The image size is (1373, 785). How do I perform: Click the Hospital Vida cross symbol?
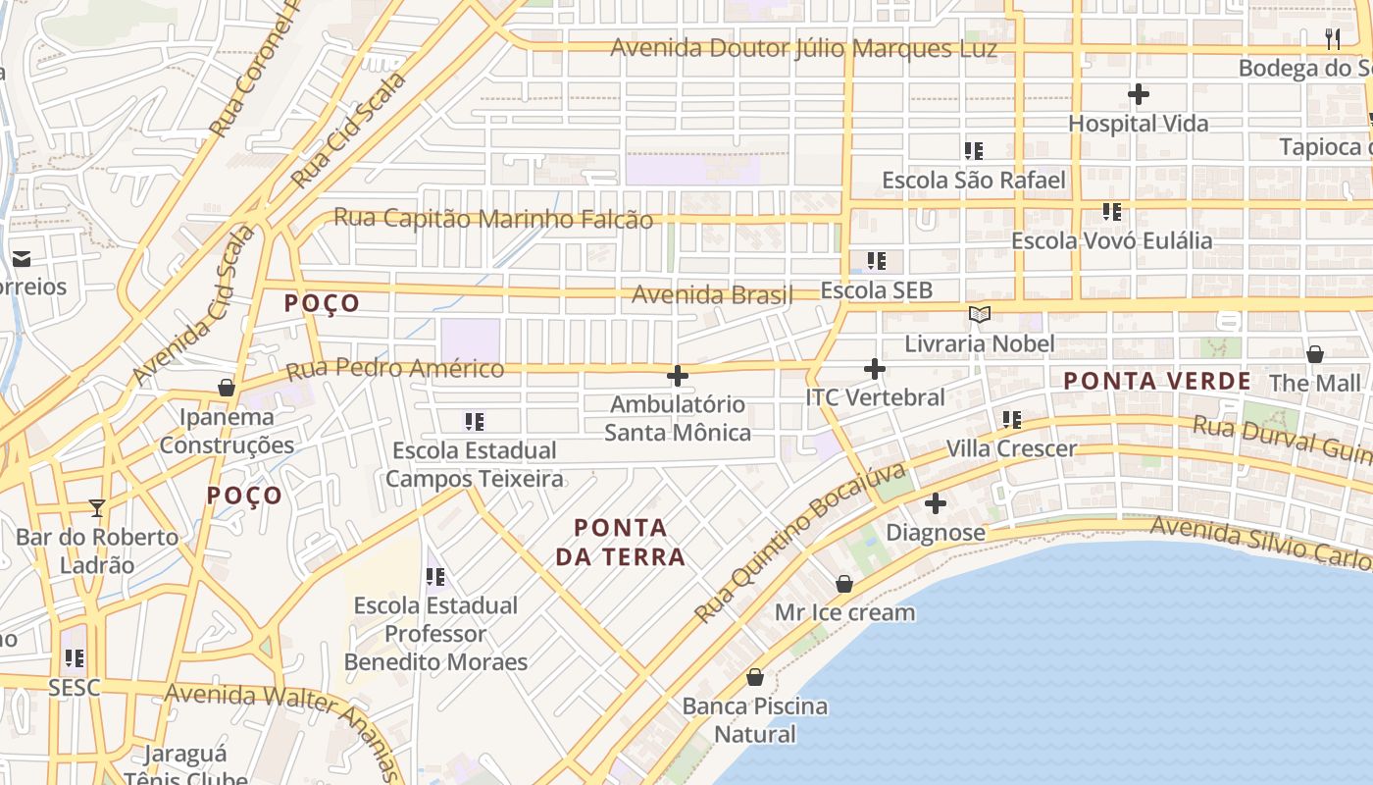point(1138,95)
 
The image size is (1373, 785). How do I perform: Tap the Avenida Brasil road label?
point(712,294)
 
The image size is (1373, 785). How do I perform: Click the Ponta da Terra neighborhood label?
point(620,543)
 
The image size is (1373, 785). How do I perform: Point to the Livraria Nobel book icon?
point(980,315)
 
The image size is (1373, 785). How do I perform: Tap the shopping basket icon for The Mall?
point(1315,354)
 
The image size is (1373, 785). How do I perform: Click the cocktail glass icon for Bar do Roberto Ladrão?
point(97,507)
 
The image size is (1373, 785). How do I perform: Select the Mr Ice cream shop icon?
point(844,585)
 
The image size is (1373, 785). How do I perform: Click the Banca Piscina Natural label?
point(755,719)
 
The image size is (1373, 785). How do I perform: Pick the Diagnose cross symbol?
point(936,504)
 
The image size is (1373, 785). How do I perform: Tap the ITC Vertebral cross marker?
point(875,369)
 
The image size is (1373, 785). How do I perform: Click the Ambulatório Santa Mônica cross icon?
point(677,376)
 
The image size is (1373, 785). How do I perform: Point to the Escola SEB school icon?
point(876,261)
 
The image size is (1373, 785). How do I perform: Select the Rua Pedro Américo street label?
point(394,370)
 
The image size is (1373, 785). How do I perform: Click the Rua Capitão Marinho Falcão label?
point(493,219)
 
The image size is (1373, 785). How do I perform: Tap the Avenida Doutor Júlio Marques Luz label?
point(804,48)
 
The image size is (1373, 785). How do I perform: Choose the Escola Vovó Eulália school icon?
point(1111,212)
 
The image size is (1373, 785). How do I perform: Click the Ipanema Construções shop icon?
point(227,388)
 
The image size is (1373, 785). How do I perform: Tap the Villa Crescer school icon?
point(1011,420)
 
